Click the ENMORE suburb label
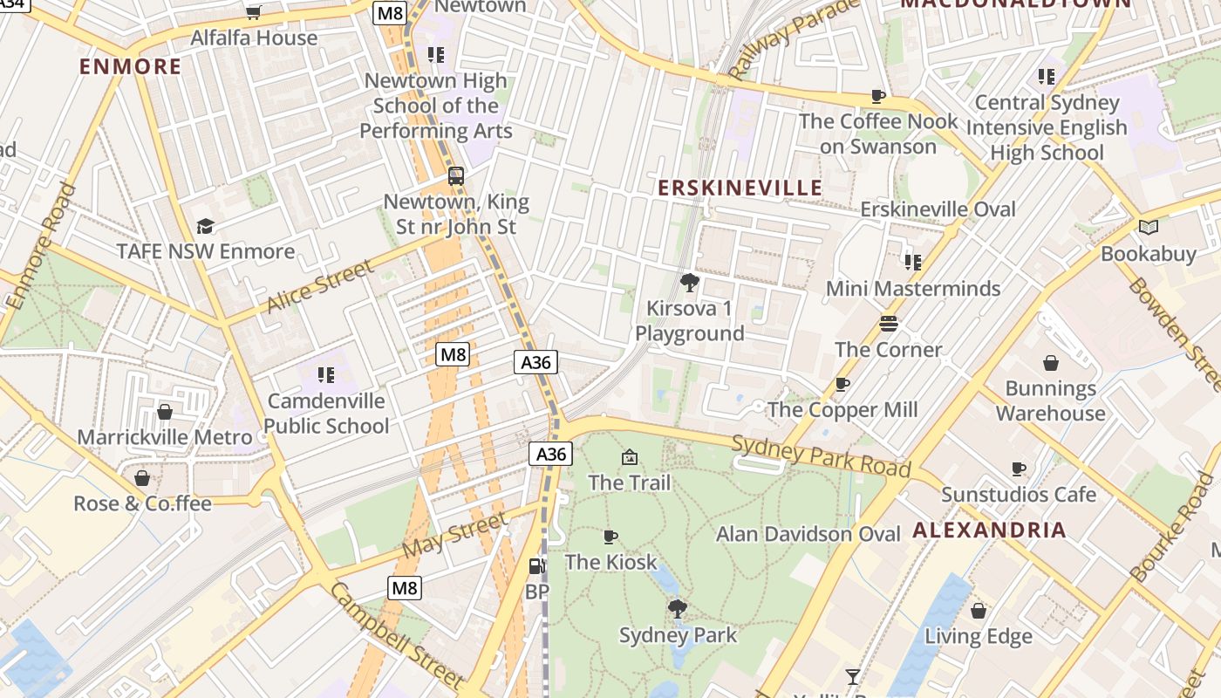point(131,66)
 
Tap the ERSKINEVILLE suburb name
point(740,188)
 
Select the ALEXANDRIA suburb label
point(989,530)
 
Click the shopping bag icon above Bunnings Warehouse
point(1051,363)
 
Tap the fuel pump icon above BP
point(536,566)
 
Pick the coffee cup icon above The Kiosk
point(610,537)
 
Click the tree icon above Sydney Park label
point(677,608)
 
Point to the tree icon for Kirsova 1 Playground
point(690,282)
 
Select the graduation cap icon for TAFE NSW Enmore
point(205,226)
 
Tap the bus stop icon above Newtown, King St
point(456,176)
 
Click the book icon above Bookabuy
point(1149,228)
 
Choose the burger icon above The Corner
point(888,324)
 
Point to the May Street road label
point(454,536)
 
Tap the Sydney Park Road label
point(821,455)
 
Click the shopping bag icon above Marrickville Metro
point(165,412)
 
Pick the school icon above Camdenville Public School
point(326,375)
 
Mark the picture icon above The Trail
point(630,456)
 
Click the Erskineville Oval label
point(938,209)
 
